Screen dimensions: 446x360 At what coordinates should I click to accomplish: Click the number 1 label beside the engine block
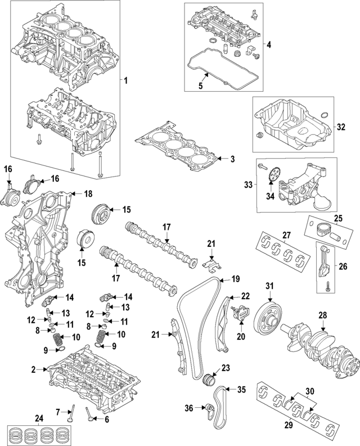[x=125, y=81]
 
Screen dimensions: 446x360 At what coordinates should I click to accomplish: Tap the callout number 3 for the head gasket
[x=232, y=159]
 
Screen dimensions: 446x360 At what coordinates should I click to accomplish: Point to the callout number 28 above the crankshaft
[x=323, y=316]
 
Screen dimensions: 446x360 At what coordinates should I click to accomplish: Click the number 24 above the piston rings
[x=38, y=418]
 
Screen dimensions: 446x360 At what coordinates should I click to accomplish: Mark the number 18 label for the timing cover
[x=88, y=193]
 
